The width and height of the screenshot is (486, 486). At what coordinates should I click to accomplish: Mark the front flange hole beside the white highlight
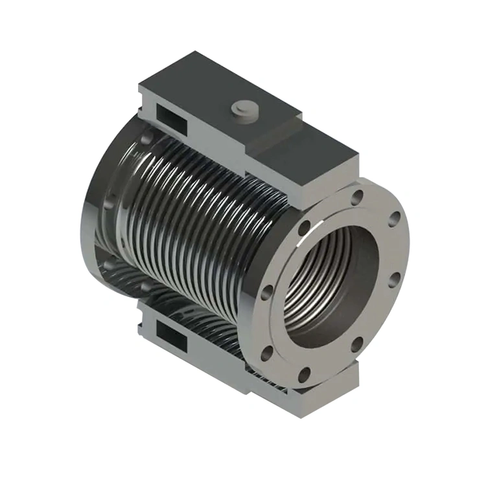click(303, 228)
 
